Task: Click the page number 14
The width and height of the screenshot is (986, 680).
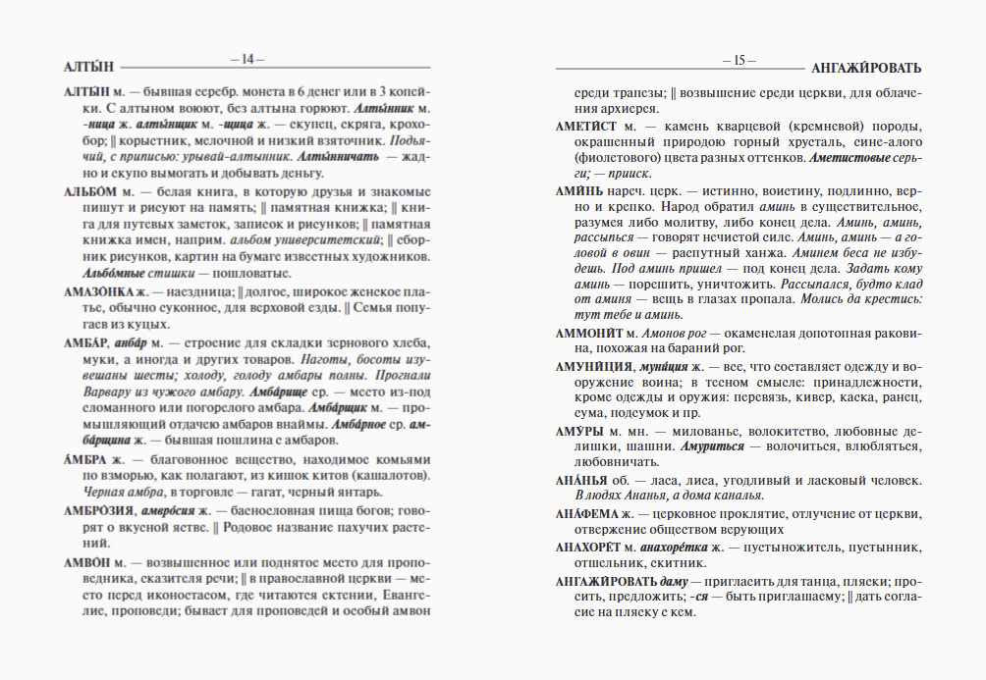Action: (242, 59)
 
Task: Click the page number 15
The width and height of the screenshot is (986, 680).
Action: (739, 59)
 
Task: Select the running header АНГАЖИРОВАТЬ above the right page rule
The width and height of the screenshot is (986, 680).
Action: (867, 68)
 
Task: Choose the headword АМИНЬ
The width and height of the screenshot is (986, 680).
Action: (583, 190)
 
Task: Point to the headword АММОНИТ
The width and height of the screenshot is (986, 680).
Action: (593, 333)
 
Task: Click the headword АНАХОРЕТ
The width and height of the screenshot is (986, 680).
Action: (592, 547)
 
